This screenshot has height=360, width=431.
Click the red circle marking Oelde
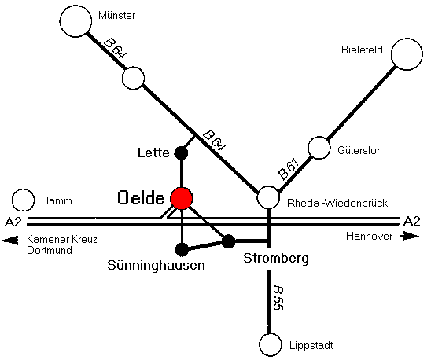pyautogui.click(x=182, y=198)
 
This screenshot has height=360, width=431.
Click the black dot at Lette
pyautogui.click(x=181, y=152)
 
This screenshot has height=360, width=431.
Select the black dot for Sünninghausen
pyautogui.click(x=182, y=249)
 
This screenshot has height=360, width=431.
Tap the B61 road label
pyautogui.click(x=288, y=168)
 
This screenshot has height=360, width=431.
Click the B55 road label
pyautogui.click(x=278, y=299)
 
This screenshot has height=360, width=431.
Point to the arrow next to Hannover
pyautogui.click(x=410, y=236)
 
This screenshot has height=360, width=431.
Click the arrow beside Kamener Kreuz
pyautogui.click(x=10, y=241)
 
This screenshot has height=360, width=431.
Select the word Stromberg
pyautogui.click(x=276, y=259)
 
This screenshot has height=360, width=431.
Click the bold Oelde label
pyautogui.click(x=142, y=198)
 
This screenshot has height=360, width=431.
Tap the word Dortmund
pyautogui.click(x=50, y=251)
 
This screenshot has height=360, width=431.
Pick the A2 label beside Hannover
pyautogui.click(x=412, y=221)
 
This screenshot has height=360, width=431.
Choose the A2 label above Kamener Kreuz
pyautogui.click(x=13, y=222)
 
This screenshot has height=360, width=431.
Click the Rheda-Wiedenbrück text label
pyautogui.click(x=337, y=203)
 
